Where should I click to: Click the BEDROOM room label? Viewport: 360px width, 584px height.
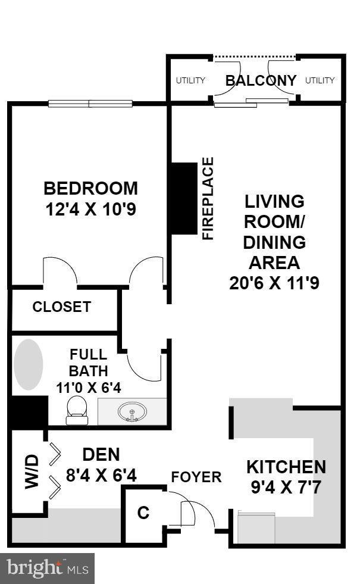pyautogui.click(x=90, y=189)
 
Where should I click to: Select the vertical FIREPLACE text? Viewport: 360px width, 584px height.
pyautogui.click(x=208, y=198)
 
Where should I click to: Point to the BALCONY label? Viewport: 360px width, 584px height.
pyautogui.click(x=261, y=80)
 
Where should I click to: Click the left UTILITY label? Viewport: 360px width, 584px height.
pyautogui.click(x=190, y=80)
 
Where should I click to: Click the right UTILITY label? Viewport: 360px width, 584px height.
pyautogui.click(x=320, y=80)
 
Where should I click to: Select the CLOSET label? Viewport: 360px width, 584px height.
pyautogui.click(x=61, y=307)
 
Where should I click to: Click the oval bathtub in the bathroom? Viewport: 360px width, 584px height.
pyautogui.click(x=29, y=365)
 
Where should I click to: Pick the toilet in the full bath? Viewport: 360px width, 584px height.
pyautogui.click(x=76, y=410)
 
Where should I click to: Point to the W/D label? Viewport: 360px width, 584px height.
pyautogui.click(x=32, y=471)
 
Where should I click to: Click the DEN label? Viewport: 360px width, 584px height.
pyautogui.click(x=101, y=455)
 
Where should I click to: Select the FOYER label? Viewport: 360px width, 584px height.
pyautogui.click(x=196, y=477)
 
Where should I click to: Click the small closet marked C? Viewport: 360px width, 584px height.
pyautogui.click(x=143, y=514)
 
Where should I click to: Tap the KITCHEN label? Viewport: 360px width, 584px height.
pyautogui.click(x=286, y=466)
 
